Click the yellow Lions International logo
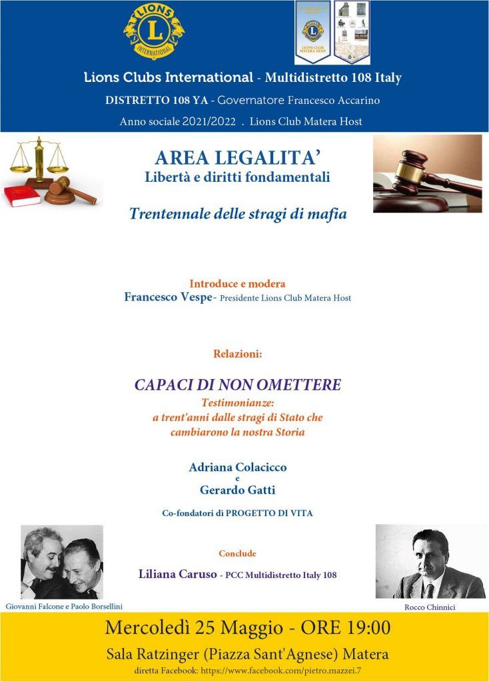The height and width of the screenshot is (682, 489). click(x=154, y=30)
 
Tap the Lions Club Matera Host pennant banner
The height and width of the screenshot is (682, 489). click(x=313, y=32)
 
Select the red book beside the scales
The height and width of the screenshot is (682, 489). click(x=22, y=196)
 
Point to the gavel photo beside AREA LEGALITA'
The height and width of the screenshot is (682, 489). click(x=427, y=173)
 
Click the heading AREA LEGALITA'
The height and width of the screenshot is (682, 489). click(x=238, y=158)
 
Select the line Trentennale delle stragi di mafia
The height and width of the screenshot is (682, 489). click(x=238, y=214)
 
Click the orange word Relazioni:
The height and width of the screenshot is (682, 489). click(x=238, y=354)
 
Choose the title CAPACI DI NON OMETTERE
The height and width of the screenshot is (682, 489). click(x=238, y=385)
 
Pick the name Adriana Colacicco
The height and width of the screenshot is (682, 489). click(x=238, y=468)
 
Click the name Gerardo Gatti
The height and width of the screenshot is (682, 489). click(x=238, y=490)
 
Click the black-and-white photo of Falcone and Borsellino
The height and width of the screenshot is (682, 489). click(x=62, y=561)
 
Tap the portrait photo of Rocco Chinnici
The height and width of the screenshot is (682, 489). click(x=430, y=561)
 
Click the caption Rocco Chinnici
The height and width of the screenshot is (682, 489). click(x=430, y=608)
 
